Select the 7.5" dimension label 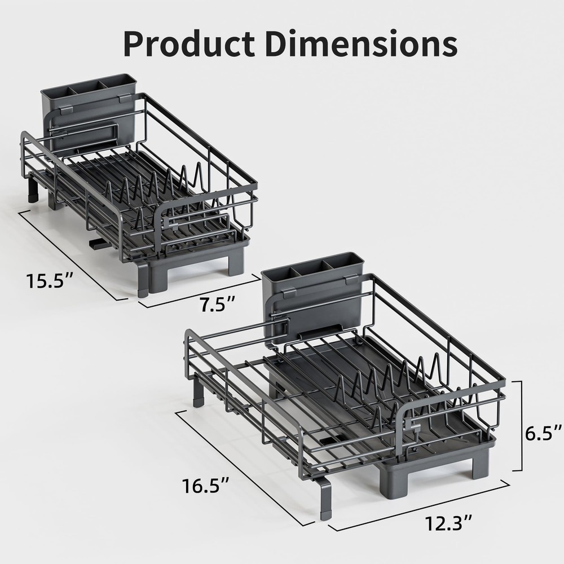(217, 305)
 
